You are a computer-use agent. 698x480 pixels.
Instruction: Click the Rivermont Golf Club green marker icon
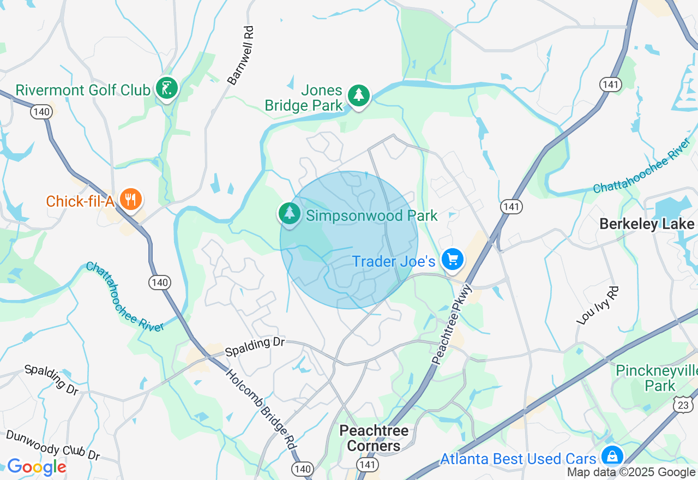(167, 88)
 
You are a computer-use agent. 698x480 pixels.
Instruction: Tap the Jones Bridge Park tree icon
(358, 95)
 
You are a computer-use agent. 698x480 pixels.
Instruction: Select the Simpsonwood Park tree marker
(290, 213)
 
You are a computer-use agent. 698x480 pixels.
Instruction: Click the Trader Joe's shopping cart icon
(453, 260)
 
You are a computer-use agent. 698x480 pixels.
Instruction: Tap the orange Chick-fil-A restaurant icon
(130, 199)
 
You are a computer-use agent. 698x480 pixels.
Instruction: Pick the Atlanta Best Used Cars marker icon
(612, 456)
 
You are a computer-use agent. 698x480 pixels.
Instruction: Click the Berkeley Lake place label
(647, 224)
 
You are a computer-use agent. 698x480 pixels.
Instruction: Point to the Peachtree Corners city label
(374, 438)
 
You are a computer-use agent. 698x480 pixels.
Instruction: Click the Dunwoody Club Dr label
(53, 445)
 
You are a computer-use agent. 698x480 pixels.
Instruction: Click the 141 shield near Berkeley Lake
(511, 206)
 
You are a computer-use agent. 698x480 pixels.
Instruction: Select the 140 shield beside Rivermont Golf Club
(42, 112)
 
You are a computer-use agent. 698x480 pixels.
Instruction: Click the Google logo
(37, 467)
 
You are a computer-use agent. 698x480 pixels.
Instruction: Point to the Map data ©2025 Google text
(631, 472)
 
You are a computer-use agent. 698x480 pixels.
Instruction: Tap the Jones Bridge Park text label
(304, 98)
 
